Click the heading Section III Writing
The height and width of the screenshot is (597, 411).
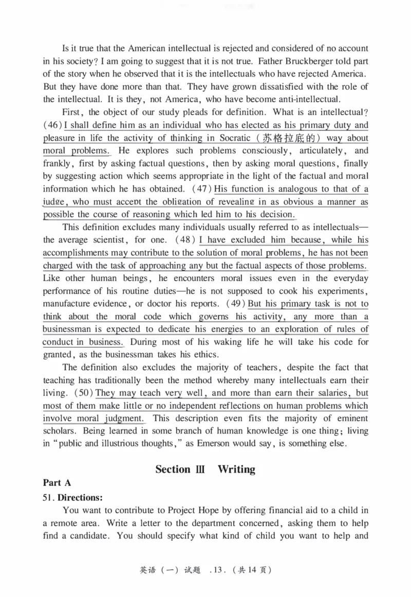[205, 469]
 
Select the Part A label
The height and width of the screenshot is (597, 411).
[57, 483]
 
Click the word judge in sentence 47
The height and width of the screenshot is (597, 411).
[53, 202]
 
